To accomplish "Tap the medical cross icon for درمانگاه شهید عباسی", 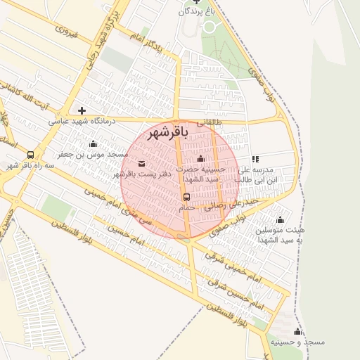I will [82, 110].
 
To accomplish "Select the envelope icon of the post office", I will [141, 163].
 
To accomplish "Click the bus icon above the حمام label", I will [186, 198].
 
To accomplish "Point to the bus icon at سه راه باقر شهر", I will [30, 155].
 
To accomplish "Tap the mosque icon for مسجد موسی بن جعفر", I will [93, 143].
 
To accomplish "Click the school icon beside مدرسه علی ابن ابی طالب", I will [255, 160].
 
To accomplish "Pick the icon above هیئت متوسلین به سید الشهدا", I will [280, 219].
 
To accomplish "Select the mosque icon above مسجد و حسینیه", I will [297, 331].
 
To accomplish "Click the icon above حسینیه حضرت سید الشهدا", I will [201, 158].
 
